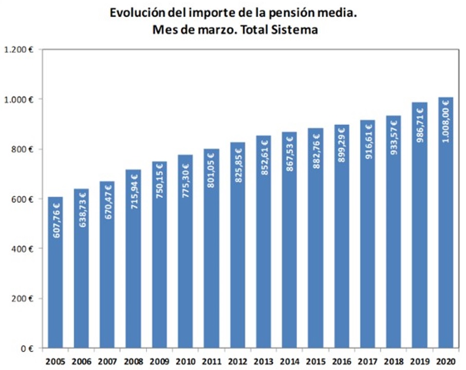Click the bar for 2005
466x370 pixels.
click(x=55, y=272)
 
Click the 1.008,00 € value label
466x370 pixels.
click(x=445, y=123)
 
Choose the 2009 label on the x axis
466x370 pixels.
click(x=159, y=360)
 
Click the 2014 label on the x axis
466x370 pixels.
click(x=289, y=360)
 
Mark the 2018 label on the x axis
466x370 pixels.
click(x=394, y=360)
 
